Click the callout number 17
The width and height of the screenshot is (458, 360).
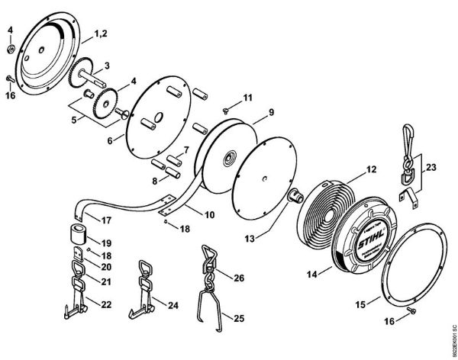coord(107,220)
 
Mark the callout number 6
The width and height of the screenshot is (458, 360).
coord(110,140)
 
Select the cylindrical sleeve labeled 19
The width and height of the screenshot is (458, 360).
coord(76,231)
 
